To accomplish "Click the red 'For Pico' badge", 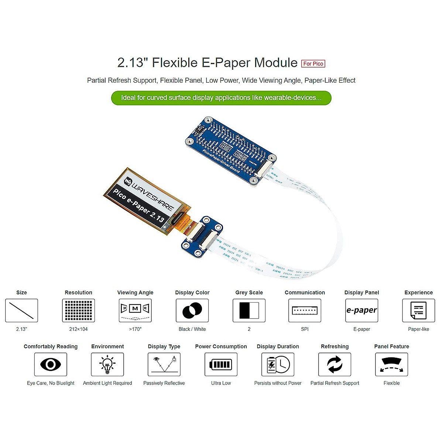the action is pos(313,63).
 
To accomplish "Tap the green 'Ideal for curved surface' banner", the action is pos(221,98).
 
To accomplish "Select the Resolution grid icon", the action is pos(78,310).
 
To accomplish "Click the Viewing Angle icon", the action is pos(135,310).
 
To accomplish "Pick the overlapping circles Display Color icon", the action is pos(192,310).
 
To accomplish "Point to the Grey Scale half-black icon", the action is pos(249,310).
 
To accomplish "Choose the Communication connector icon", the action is pos(305,310).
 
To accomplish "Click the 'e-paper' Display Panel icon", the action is pos(361,310).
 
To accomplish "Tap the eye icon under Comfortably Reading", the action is pos(51,364).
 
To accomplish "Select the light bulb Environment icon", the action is pos(107,364).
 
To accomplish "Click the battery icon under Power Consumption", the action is pos(221,364).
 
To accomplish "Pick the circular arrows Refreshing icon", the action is pos(334,364).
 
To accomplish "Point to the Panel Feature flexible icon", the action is pos(391,364).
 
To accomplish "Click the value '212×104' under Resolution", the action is pos(78,329).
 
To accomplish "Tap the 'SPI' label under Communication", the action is pos(305,329).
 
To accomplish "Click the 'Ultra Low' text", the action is pos(221,383).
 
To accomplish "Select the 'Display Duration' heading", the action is pos(278,346).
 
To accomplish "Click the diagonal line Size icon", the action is pos(21,310).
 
